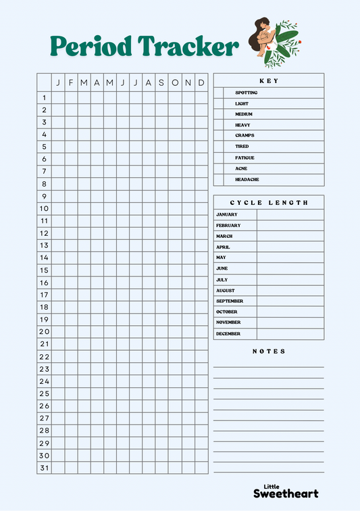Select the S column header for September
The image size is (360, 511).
[161, 82]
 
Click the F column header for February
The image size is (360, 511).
[70, 82]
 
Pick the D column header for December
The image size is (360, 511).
[201, 82]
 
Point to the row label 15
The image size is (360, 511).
[44, 270]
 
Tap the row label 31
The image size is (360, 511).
[44, 467]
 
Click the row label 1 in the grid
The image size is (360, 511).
[44, 97]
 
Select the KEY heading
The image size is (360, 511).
[269, 81]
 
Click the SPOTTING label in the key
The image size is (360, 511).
[246, 93]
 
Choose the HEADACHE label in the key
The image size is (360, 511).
[247, 180]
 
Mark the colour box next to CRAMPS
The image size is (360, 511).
[218, 136]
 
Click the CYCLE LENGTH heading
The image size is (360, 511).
[269, 202]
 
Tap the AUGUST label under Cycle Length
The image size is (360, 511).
[225, 291]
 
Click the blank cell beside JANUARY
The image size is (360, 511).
[290, 215]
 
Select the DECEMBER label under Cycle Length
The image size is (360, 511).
[228, 334]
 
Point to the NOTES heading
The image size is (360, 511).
[269, 351]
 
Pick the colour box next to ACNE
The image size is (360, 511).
[218, 168]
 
